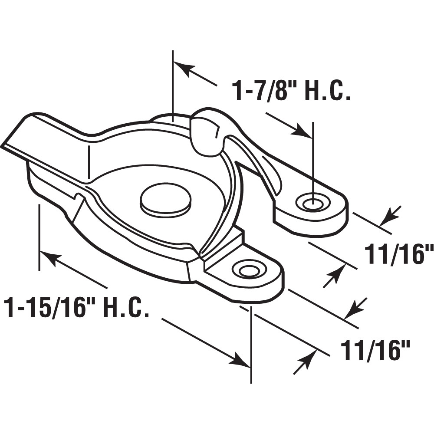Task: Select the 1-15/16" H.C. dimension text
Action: pos(76,307)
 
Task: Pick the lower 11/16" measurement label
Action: pos(375,351)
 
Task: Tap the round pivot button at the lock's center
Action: pos(166,201)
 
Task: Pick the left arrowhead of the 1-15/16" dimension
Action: pos(49,259)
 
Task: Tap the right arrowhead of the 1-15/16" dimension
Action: pos(240,359)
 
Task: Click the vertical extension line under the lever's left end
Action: pos(39,237)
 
